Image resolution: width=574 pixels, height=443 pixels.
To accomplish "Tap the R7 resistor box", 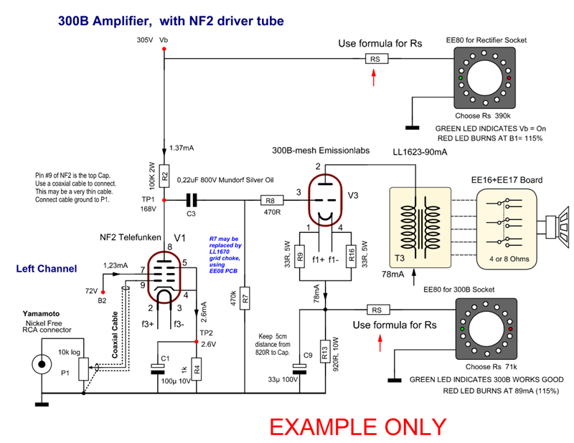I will (x=245, y=296).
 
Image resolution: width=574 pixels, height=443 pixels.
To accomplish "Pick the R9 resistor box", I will (x=300, y=256).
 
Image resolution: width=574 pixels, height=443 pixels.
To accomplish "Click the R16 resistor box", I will (x=352, y=256).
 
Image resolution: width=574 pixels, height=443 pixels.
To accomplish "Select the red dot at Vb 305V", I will (x=164, y=49).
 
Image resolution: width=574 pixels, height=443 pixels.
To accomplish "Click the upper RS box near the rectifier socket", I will (x=374, y=59).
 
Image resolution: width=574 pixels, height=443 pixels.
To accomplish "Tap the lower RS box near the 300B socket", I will (x=375, y=310).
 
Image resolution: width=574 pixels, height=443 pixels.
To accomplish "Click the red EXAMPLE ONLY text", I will (x=357, y=426).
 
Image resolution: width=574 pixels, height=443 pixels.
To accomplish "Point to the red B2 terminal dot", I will (x=103, y=292).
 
